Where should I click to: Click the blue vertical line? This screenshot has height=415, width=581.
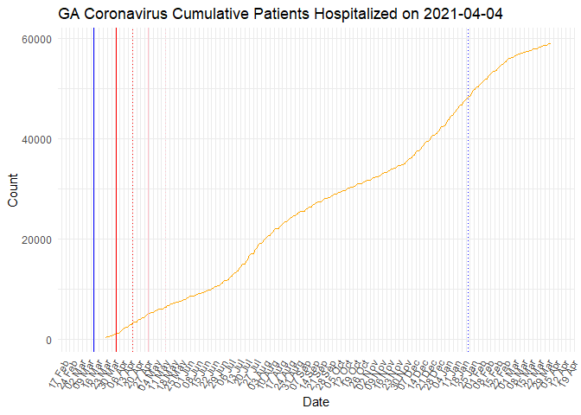click(93, 190)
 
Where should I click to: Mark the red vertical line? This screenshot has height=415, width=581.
click(116, 190)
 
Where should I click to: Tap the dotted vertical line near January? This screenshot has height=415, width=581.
click(468, 190)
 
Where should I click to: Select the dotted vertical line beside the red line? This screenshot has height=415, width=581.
click(132, 190)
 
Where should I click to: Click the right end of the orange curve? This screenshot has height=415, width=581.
click(551, 43)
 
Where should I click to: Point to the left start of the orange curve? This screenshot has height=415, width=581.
click(105, 338)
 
